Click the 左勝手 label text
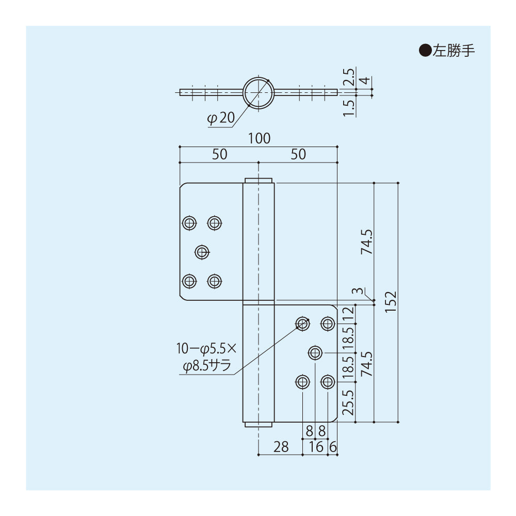454,51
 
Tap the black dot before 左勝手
424,51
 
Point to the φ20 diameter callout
220,119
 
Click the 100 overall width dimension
259,138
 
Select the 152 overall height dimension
391,302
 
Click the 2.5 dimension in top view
349,77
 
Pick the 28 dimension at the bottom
281,447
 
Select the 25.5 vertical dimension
349,402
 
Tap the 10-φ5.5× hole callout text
205,349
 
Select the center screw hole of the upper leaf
202,252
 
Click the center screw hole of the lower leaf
315,353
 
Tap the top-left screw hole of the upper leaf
189,223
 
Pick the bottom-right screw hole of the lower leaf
328,382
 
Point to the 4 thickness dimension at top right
365,81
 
